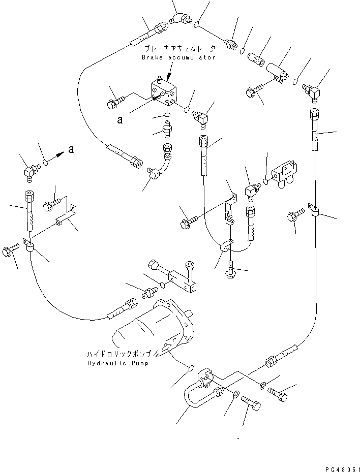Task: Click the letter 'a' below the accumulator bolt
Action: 119,120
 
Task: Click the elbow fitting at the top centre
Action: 178,19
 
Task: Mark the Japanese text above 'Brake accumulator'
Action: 179,49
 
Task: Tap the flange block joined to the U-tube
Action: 205,379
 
